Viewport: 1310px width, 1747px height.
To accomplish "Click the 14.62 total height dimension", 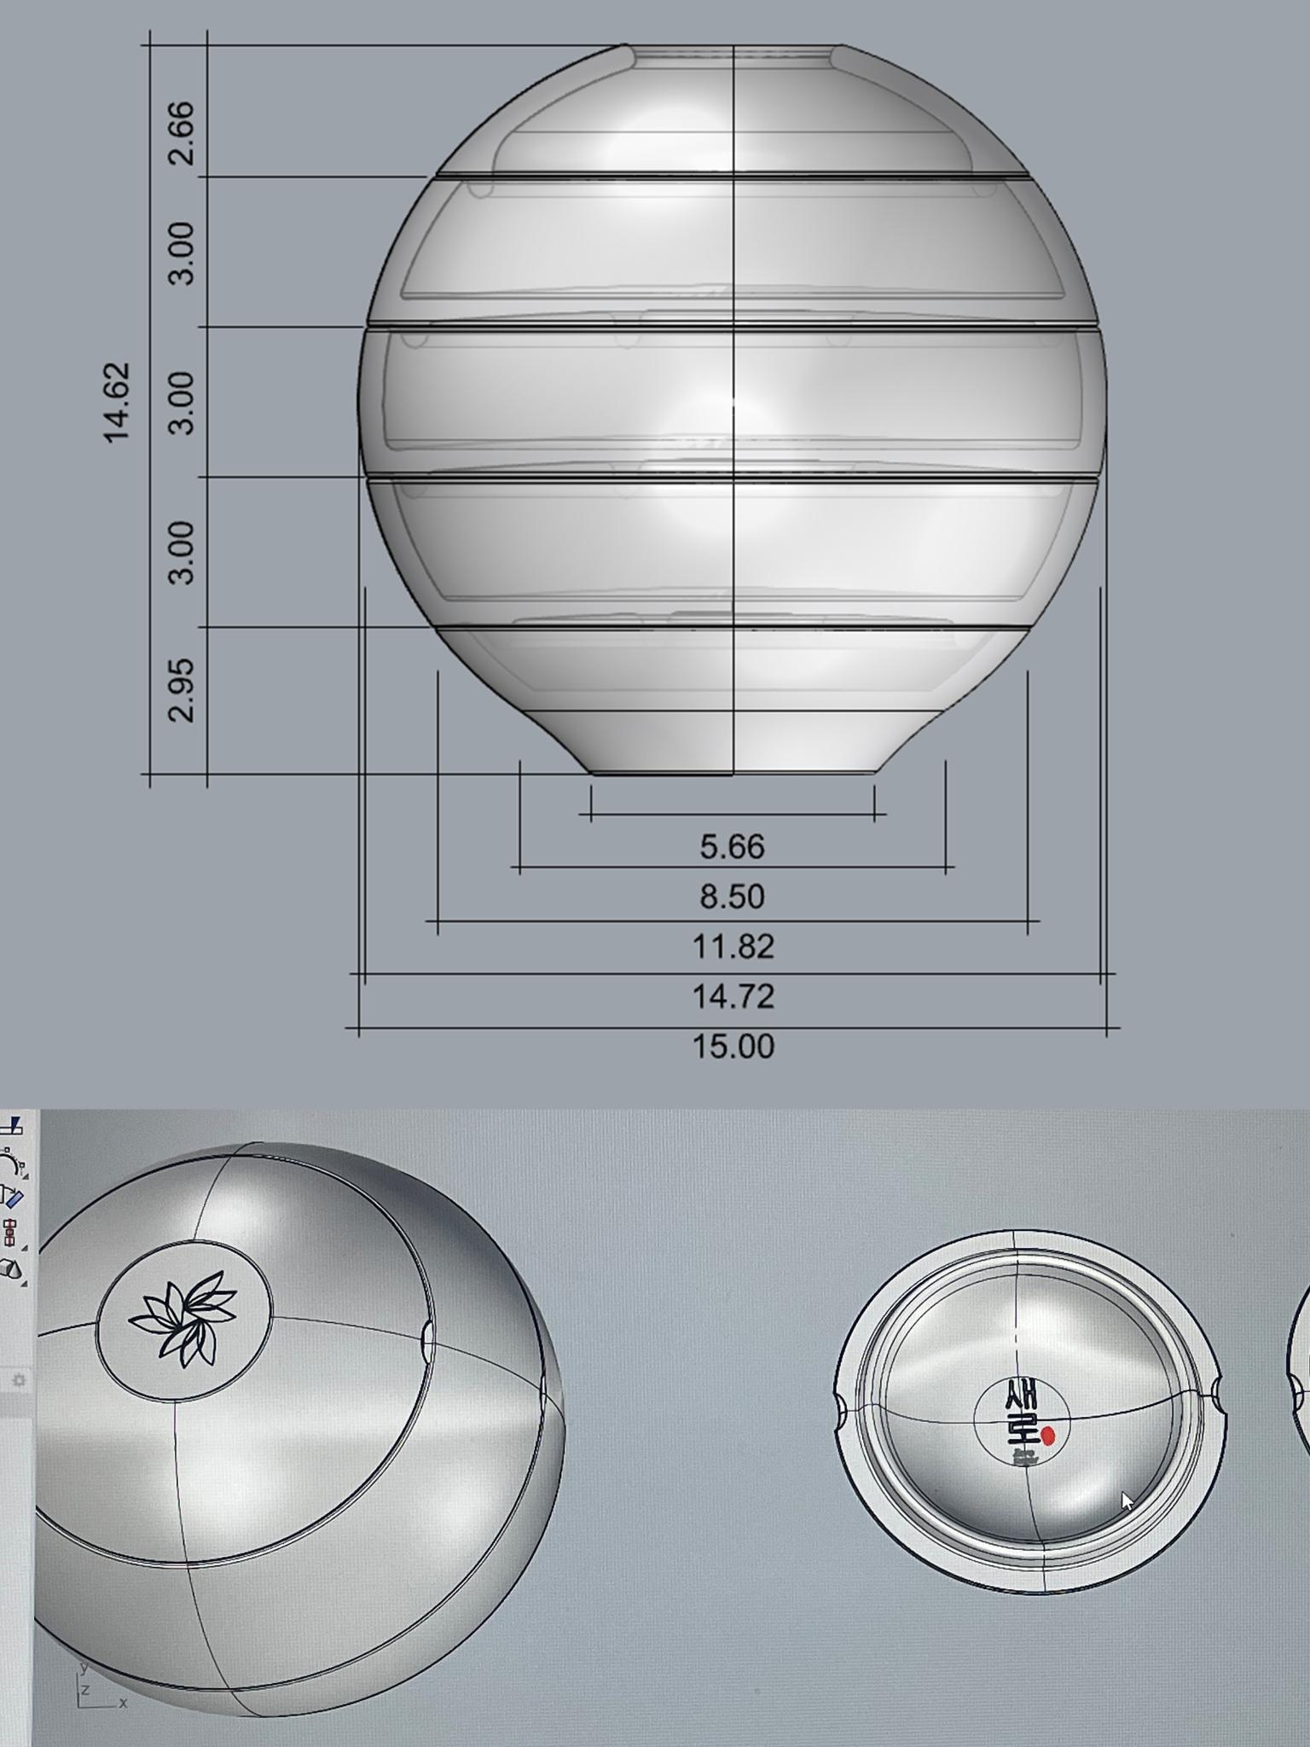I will point(117,402).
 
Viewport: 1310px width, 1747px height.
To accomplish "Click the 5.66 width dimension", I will point(733,847).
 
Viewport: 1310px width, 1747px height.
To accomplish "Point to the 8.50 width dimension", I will point(733,897).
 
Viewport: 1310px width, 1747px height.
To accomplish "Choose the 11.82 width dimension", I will point(733,947).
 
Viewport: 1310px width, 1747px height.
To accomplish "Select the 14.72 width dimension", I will point(733,996).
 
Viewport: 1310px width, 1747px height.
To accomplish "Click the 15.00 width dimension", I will point(733,1047).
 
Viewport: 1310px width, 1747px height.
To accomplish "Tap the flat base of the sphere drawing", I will point(733,772).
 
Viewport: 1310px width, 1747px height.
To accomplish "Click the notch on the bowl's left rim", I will point(839,1410).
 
